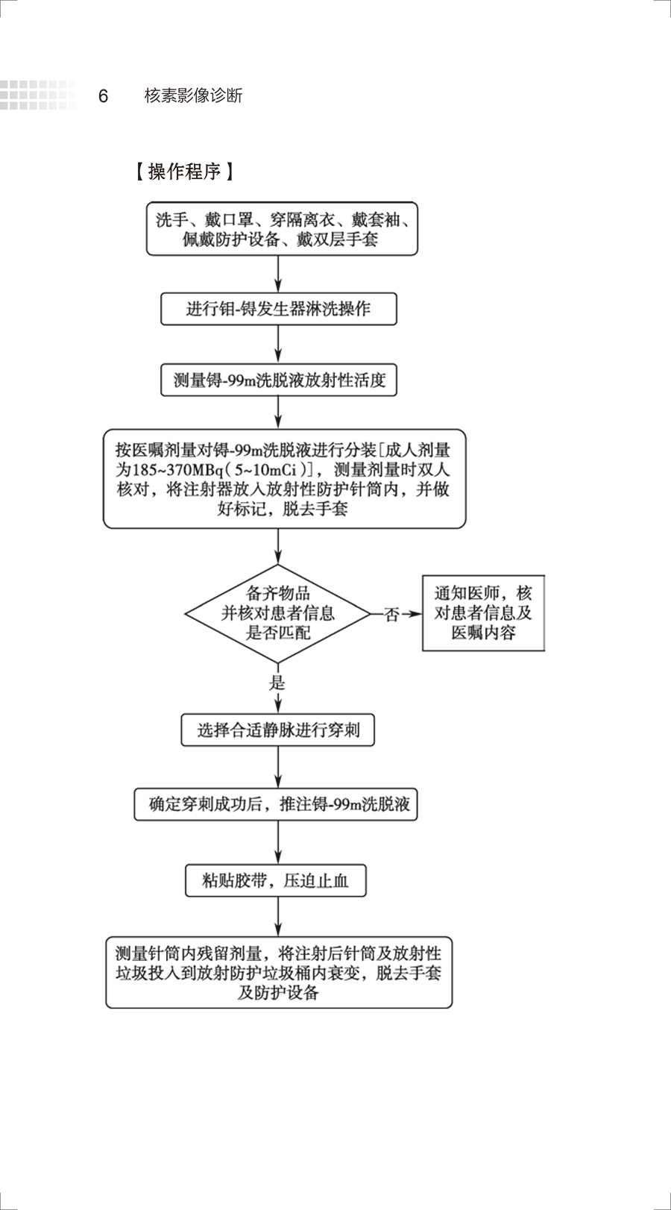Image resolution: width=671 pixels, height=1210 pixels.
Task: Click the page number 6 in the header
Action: [x=103, y=96]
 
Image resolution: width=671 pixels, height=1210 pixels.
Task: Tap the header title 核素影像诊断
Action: [x=193, y=95]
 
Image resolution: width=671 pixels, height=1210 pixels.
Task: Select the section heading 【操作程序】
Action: [x=184, y=172]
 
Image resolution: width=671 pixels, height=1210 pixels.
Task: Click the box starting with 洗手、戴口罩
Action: [x=281, y=229]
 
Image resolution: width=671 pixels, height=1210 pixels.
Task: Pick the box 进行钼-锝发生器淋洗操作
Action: [x=278, y=309]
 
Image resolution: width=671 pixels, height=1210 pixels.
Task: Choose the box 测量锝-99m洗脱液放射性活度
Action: [x=279, y=380]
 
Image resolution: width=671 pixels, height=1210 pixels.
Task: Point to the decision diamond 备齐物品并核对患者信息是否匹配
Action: [x=277, y=613]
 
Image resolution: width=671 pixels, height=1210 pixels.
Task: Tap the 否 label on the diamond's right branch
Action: [x=391, y=615]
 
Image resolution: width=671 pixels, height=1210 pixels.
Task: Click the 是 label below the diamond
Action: [x=277, y=683]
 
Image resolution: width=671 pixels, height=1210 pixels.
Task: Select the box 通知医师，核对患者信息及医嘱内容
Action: [x=483, y=613]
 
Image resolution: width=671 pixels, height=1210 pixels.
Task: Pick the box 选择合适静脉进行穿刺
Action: [x=277, y=730]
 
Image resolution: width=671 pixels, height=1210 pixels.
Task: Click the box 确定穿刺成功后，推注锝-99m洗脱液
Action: [x=276, y=804]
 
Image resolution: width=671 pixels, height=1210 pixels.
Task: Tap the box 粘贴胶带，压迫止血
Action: [x=276, y=880]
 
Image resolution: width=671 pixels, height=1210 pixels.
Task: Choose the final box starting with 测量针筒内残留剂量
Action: [x=278, y=973]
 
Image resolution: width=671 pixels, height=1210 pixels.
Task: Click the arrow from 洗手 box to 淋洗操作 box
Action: [x=278, y=274]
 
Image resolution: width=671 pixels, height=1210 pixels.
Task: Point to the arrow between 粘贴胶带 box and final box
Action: [x=278, y=916]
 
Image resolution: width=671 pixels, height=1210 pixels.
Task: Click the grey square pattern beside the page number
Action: [x=37, y=95]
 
